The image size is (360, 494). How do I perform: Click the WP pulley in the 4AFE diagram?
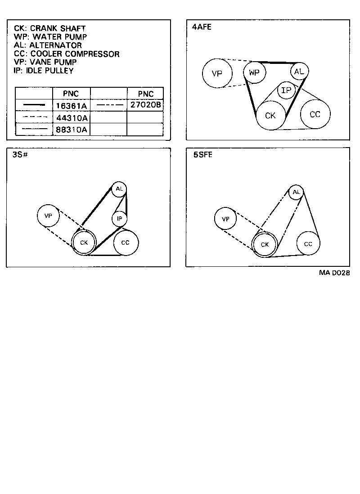pos(254,72)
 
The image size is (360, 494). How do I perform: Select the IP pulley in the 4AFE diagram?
pos(286,90)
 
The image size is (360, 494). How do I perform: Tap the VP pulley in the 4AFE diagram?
pos(217,73)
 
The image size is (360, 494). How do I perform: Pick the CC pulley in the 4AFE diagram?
pos(315,114)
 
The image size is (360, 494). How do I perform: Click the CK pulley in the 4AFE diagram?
pos(270,115)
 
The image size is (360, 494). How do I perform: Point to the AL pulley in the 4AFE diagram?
pos(299,71)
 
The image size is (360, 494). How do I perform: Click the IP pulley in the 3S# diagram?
pos(119,219)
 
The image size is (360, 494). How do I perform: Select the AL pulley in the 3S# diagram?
pos(119,189)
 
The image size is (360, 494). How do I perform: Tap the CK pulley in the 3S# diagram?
pos(84,243)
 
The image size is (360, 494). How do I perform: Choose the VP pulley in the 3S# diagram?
pos(49,216)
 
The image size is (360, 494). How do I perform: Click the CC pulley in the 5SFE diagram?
pos(308,244)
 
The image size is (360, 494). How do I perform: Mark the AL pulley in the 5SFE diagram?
pos(296,193)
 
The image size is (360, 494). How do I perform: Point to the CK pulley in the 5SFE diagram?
pos(265,245)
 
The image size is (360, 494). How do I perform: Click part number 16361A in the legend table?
pos(71,106)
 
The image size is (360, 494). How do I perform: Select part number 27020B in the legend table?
pos(145,105)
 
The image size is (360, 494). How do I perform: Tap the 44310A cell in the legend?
pos(71,118)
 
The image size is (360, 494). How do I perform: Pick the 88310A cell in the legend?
pos(71,130)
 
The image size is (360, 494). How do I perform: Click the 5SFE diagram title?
pos(203,155)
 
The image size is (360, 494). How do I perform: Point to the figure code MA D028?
pos(335,273)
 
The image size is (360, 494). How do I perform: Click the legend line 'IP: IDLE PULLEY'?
pos(44,71)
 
